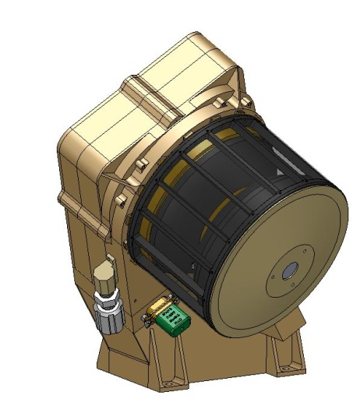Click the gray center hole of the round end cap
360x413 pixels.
click(x=290, y=270)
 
